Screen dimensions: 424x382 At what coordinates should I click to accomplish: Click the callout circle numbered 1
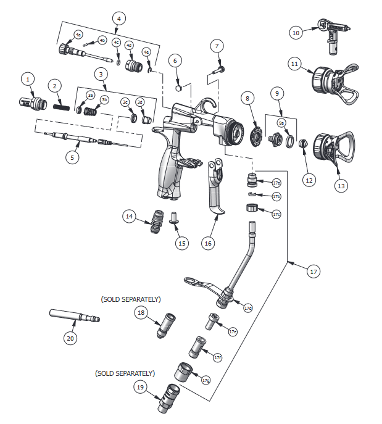point(27,79)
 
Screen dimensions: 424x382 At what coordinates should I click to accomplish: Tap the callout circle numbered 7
point(216,46)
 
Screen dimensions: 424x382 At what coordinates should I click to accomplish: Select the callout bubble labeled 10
point(296,33)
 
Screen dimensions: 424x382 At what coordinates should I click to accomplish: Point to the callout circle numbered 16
point(207,243)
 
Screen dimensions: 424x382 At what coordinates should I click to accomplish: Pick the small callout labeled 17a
point(276,183)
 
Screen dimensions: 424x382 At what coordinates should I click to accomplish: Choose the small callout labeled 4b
point(102,40)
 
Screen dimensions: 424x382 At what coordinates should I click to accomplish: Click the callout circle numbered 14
point(130,216)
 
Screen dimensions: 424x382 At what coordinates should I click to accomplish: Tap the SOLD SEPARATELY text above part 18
point(131,299)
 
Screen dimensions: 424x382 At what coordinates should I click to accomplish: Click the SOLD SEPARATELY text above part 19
point(125,373)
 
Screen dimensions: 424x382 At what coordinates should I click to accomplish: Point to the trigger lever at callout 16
point(216,191)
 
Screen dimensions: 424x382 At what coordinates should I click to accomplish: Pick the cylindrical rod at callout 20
point(74,317)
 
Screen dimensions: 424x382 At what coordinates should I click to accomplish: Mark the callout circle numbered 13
point(341,185)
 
